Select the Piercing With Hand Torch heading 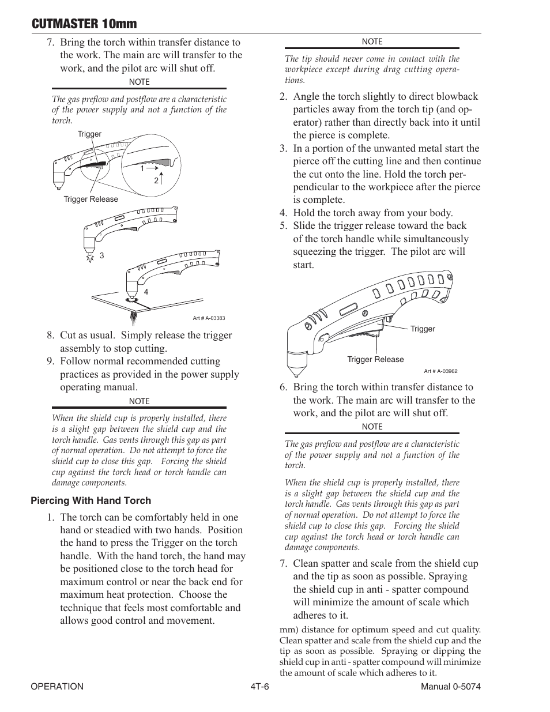91,500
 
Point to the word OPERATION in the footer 57,686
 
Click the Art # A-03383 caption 208,318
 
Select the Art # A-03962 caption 440,371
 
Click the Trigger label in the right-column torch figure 423,329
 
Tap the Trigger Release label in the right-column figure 375,359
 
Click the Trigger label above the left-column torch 89,134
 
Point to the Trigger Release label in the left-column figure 91,199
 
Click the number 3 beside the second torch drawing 101,255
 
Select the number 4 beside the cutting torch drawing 146,292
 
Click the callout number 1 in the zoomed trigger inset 142,168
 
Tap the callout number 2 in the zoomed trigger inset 156,180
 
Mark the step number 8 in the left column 51,336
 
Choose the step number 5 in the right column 283,226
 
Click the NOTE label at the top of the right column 372,42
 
